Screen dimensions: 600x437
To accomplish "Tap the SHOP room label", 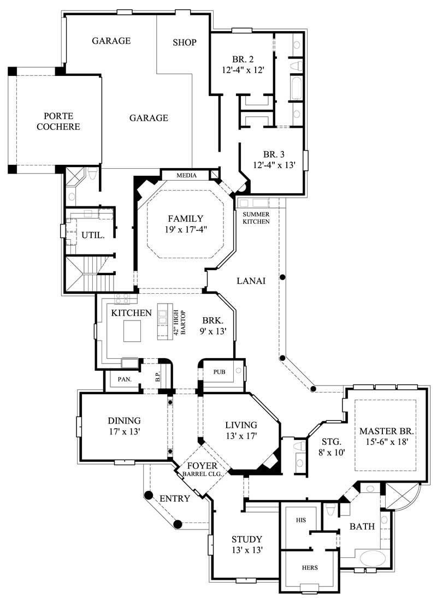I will (x=184, y=43).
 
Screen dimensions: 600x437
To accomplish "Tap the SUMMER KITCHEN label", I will (x=256, y=218).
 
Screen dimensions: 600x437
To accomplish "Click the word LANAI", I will (x=251, y=281).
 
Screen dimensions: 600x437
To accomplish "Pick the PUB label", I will (x=219, y=372).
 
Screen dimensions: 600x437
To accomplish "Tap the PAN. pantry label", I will (x=123, y=379).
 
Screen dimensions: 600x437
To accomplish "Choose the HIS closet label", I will (x=301, y=520).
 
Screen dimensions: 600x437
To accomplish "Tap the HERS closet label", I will (x=310, y=567).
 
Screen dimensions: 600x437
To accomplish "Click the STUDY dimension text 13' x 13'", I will (x=246, y=550).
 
